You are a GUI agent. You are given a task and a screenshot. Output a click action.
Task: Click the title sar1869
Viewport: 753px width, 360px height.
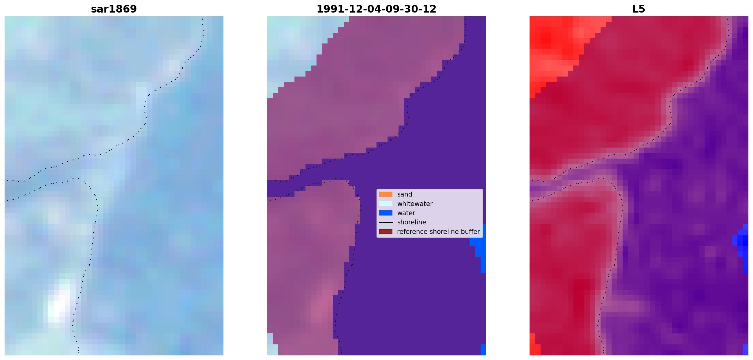click(x=114, y=9)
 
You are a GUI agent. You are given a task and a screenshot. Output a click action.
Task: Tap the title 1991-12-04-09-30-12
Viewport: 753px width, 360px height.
click(x=376, y=9)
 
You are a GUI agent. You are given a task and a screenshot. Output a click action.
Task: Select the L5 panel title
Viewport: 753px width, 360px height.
click(x=639, y=9)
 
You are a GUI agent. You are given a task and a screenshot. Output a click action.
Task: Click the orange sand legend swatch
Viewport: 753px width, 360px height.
click(x=385, y=194)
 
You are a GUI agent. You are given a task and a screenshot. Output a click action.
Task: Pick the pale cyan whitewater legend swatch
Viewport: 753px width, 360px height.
click(x=385, y=204)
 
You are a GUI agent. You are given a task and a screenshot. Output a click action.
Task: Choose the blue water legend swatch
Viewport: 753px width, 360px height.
click(x=385, y=213)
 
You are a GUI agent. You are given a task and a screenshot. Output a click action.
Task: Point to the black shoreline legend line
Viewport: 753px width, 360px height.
click(x=385, y=222)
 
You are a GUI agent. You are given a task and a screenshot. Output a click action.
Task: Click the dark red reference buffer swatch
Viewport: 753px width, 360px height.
click(x=385, y=232)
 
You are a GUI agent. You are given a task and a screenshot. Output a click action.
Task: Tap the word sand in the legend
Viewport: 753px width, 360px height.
click(x=405, y=194)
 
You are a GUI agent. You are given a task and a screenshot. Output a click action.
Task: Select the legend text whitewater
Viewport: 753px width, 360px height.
click(x=415, y=204)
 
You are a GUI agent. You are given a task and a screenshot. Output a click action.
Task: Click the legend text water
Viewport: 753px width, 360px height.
click(x=406, y=213)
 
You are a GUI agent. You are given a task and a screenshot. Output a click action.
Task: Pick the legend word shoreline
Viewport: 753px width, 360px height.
click(x=411, y=222)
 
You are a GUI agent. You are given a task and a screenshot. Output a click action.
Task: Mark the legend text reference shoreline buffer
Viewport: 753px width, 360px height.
click(x=438, y=232)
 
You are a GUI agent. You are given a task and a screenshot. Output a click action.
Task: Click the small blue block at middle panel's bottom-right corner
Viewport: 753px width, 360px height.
click(x=483, y=350)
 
